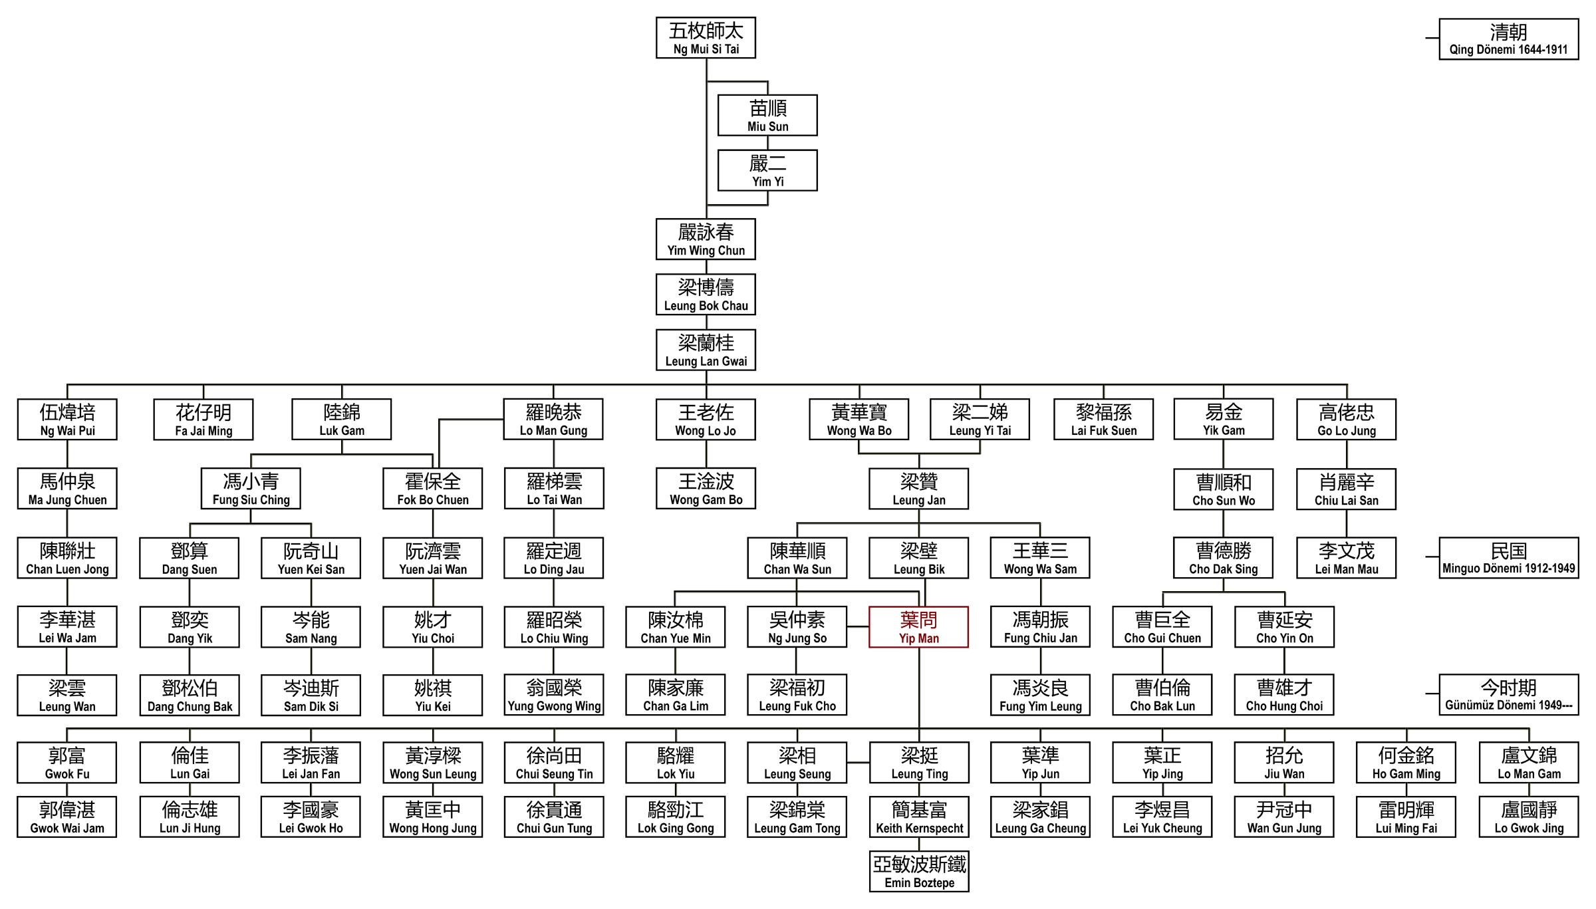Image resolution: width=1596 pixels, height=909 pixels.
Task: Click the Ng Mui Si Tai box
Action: [706, 38]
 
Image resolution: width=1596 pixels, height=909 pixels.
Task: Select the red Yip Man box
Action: [918, 627]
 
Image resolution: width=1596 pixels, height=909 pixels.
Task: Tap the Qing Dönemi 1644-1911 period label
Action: [1508, 39]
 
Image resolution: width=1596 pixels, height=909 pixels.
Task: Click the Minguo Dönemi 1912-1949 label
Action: [1508, 558]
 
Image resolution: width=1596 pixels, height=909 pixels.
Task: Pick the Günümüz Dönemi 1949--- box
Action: [1508, 694]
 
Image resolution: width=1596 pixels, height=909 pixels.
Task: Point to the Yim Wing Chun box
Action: [706, 239]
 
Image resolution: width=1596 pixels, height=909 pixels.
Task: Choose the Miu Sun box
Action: [767, 116]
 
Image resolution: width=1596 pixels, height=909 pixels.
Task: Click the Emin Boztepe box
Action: [919, 871]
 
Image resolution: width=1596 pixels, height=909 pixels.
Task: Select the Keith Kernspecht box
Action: [919, 817]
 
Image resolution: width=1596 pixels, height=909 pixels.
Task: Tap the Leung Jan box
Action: [918, 489]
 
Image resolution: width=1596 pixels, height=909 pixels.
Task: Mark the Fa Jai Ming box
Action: [203, 420]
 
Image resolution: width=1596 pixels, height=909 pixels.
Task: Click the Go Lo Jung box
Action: [1346, 420]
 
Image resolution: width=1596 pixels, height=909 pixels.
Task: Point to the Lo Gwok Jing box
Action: [1529, 817]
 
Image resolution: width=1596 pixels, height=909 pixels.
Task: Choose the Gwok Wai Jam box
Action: [67, 817]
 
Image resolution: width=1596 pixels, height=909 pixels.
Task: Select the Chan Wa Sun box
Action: [797, 558]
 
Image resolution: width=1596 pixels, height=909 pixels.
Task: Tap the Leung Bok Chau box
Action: [706, 295]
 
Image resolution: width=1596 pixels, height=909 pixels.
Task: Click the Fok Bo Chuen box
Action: [433, 489]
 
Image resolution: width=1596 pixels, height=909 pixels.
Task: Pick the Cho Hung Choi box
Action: [1284, 695]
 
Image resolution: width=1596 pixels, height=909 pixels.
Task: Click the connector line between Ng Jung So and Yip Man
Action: [858, 626]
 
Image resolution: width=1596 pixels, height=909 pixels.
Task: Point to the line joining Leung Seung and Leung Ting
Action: [858, 763]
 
